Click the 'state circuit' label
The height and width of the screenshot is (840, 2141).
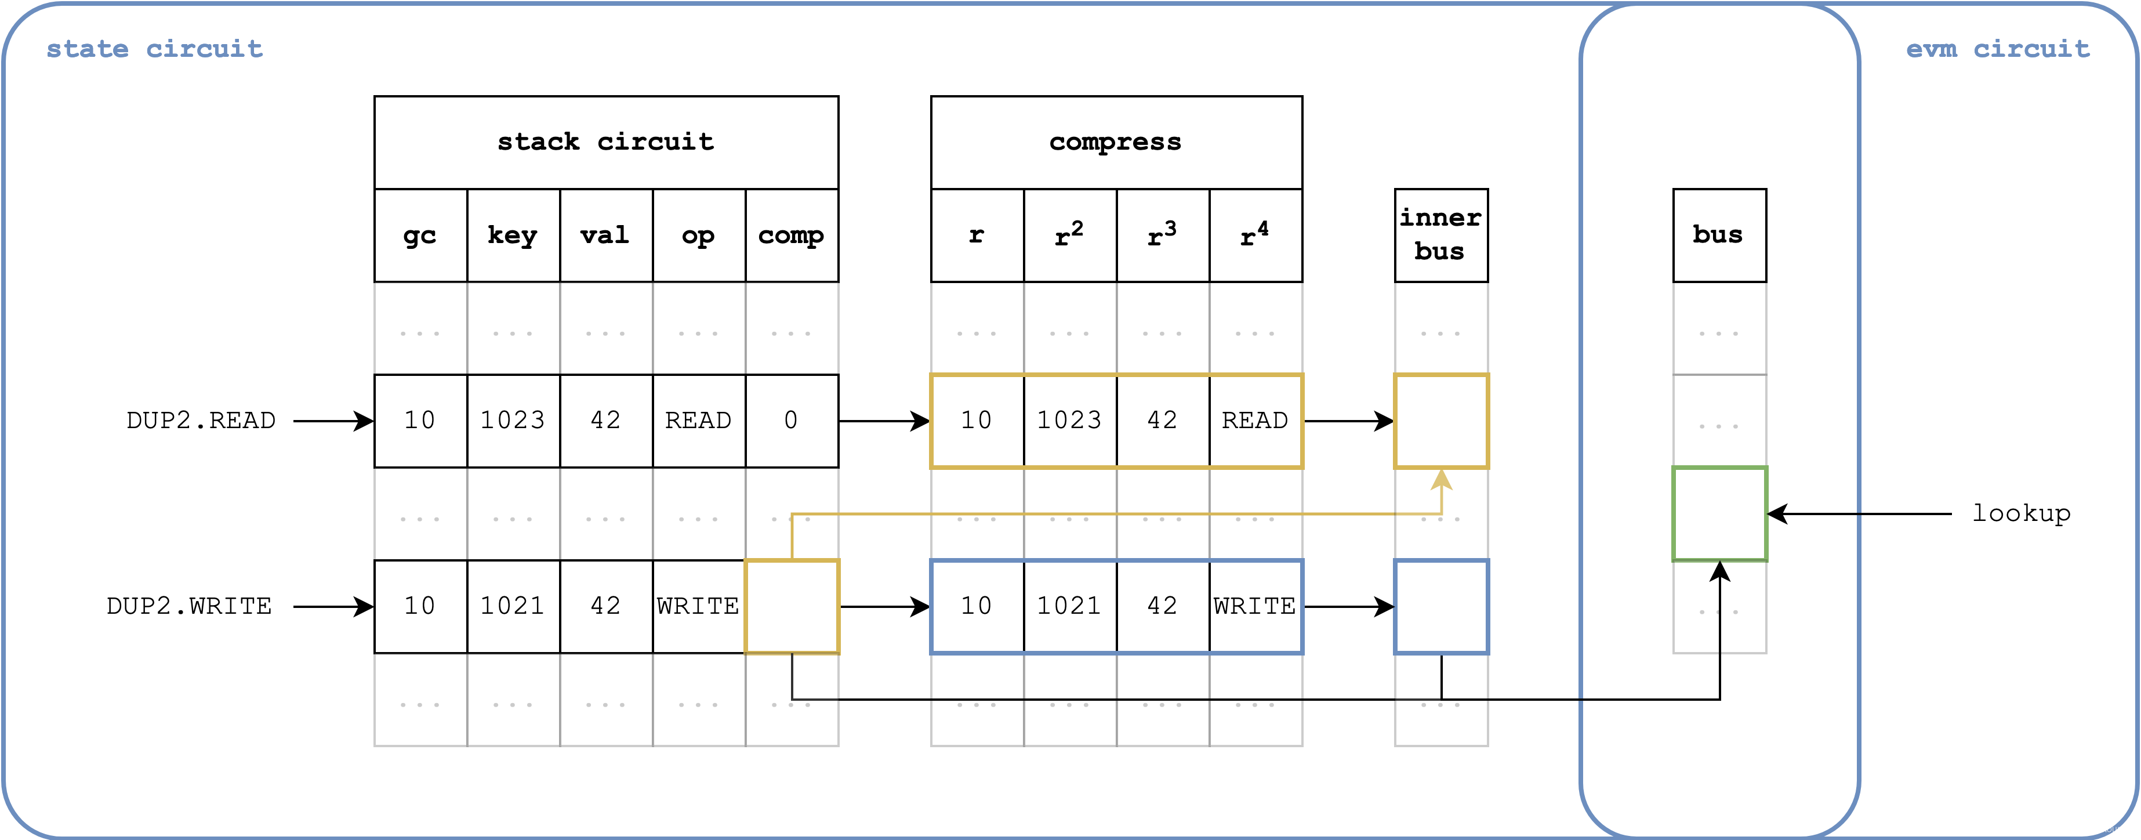click(x=155, y=49)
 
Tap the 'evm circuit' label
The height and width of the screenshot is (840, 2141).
click(x=1997, y=49)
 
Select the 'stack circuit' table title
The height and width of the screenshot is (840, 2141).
click(x=606, y=142)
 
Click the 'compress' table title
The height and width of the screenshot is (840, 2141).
click(x=1115, y=142)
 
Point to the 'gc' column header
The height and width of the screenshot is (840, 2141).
click(x=420, y=236)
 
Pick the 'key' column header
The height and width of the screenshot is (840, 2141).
click(x=513, y=236)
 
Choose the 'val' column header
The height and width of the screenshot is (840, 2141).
click(x=605, y=236)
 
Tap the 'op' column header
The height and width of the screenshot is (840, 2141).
click(x=698, y=236)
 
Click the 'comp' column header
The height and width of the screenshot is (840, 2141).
click(x=791, y=236)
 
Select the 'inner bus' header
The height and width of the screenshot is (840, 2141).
click(x=1440, y=234)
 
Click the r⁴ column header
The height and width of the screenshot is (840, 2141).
click(x=1254, y=236)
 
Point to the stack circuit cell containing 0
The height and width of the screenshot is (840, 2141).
click(x=791, y=421)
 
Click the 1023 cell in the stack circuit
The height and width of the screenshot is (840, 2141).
click(x=513, y=421)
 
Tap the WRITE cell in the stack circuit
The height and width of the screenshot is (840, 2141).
click(x=698, y=606)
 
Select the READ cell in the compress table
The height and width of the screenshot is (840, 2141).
click(x=1254, y=421)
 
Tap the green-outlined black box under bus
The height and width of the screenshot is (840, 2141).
click(x=1719, y=514)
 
